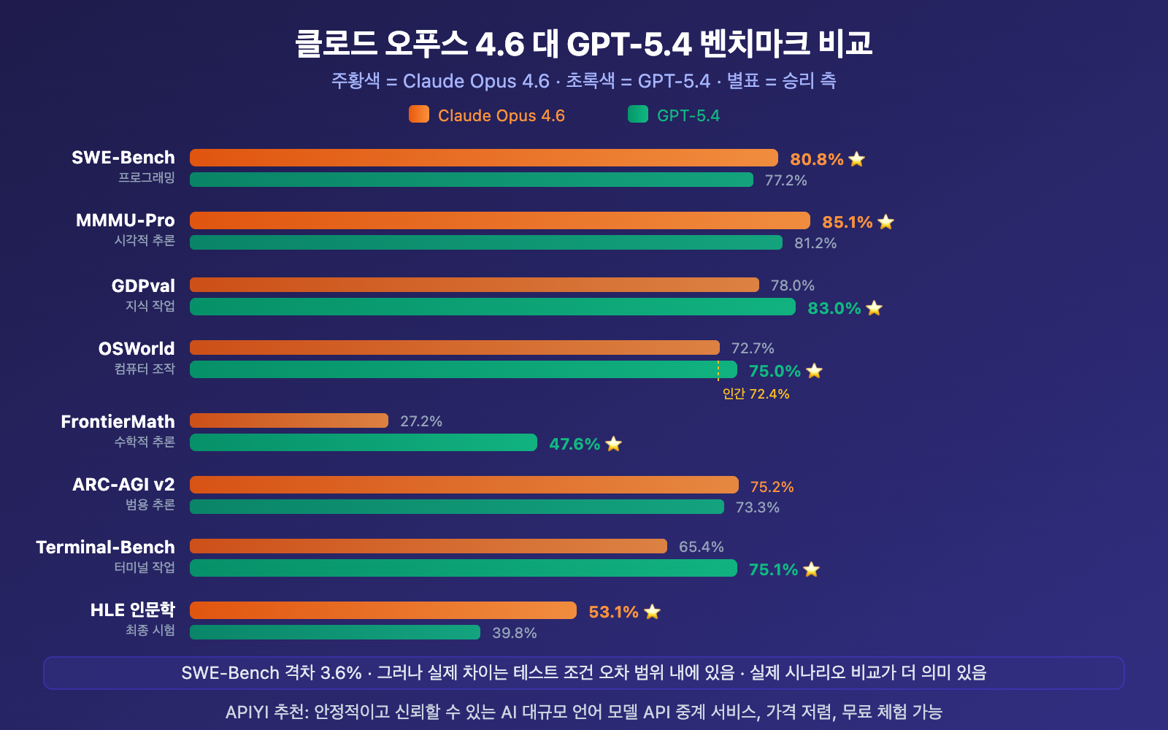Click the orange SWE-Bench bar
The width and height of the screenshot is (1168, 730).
coord(483,158)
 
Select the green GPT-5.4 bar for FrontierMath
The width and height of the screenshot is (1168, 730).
coord(363,442)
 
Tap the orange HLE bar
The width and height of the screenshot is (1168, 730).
coord(383,610)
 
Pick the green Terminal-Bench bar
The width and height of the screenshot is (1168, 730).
coord(463,568)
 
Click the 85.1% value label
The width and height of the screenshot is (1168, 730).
coord(847,222)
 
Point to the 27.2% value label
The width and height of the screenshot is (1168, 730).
coord(421,421)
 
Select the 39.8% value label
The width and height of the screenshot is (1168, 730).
coord(514,633)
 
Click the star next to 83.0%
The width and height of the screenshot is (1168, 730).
coord(875,308)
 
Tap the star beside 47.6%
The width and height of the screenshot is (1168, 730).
coord(614,444)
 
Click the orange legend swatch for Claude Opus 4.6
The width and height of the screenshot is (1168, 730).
coord(418,115)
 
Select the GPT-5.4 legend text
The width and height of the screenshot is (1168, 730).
coord(688,115)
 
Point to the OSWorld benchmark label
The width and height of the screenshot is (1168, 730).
coord(137,348)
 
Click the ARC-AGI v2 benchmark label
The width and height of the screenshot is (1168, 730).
coord(123,484)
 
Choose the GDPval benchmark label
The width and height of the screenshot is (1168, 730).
coord(143,285)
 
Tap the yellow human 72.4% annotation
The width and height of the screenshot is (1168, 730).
coord(756,394)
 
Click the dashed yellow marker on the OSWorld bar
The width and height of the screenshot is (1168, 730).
coord(718,370)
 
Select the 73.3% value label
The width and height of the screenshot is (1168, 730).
coord(757,507)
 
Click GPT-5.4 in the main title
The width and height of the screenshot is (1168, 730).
coord(629,44)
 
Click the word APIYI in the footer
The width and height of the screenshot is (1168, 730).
coord(247,712)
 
